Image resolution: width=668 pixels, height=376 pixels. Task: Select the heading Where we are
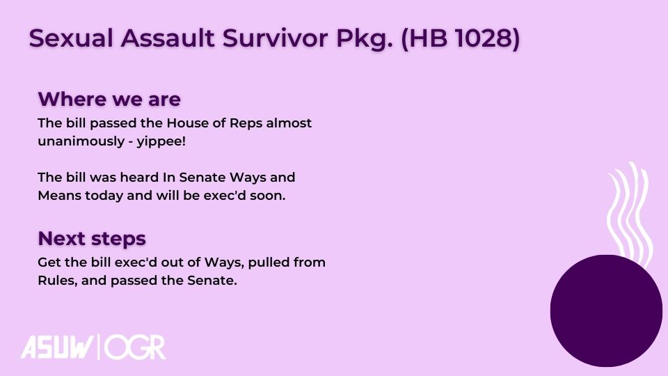[109, 99]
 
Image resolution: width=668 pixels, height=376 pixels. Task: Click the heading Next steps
[92, 238]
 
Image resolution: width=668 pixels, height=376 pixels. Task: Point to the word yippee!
[161, 141]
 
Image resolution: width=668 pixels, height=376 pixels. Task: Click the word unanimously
[81, 141]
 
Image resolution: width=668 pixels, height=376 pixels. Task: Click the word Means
[59, 195]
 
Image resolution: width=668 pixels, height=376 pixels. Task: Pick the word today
[104, 196]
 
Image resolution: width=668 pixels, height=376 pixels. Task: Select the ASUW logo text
[57, 347]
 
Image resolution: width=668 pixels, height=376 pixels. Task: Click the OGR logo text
[135, 347]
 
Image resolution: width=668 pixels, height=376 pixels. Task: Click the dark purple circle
[606, 311]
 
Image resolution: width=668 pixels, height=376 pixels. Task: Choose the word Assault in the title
[168, 38]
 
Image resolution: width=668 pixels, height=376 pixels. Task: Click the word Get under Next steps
[49, 263]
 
